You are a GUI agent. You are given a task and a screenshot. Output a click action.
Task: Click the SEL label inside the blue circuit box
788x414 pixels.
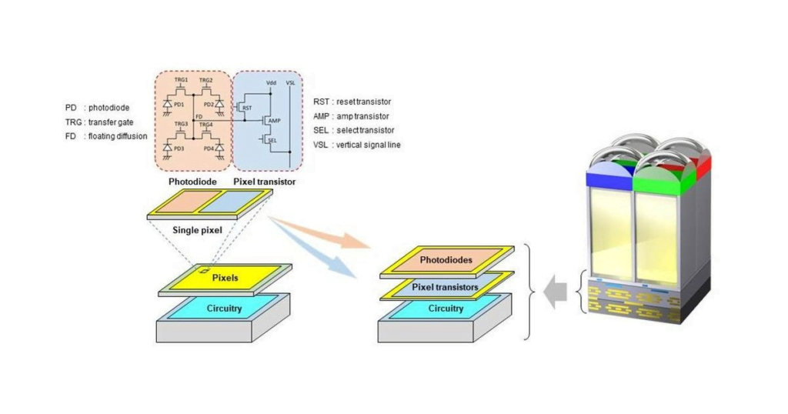(272, 140)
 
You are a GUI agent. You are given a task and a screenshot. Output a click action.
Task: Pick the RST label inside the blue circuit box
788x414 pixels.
(247, 109)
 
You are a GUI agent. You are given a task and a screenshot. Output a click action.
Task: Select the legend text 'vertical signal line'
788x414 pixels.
(367, 144)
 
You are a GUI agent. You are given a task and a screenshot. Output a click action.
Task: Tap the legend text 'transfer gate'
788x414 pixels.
(115, 122)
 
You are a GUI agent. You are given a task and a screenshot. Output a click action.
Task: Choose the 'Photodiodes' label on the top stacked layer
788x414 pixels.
(446, 259)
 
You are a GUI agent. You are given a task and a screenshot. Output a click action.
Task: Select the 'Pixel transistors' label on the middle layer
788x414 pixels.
(446, 287)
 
